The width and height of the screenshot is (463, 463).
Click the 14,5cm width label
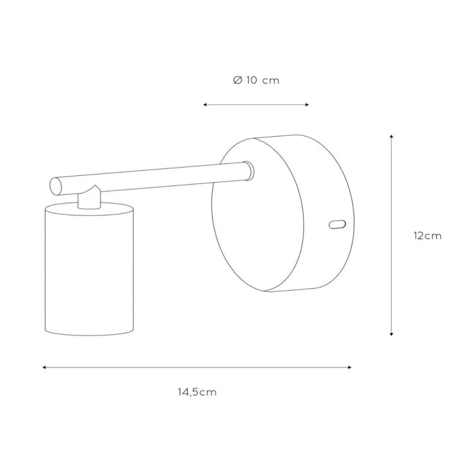click(197, 392)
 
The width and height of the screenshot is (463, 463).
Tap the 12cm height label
click(427, 236)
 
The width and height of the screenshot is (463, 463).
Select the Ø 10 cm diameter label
click(256, 80)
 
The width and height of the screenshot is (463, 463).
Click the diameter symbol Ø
click(238, 80)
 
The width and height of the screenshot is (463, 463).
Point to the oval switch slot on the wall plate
click(337, 225)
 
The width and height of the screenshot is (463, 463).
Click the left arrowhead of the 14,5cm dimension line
click(44, 367)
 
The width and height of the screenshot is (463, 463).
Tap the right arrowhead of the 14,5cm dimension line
click(350, 367)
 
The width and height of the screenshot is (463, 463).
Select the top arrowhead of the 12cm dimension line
click(391, 136)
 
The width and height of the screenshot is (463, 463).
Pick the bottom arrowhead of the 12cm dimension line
click(391, 334)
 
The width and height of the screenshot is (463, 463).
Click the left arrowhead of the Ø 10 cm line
click(205, 105)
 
